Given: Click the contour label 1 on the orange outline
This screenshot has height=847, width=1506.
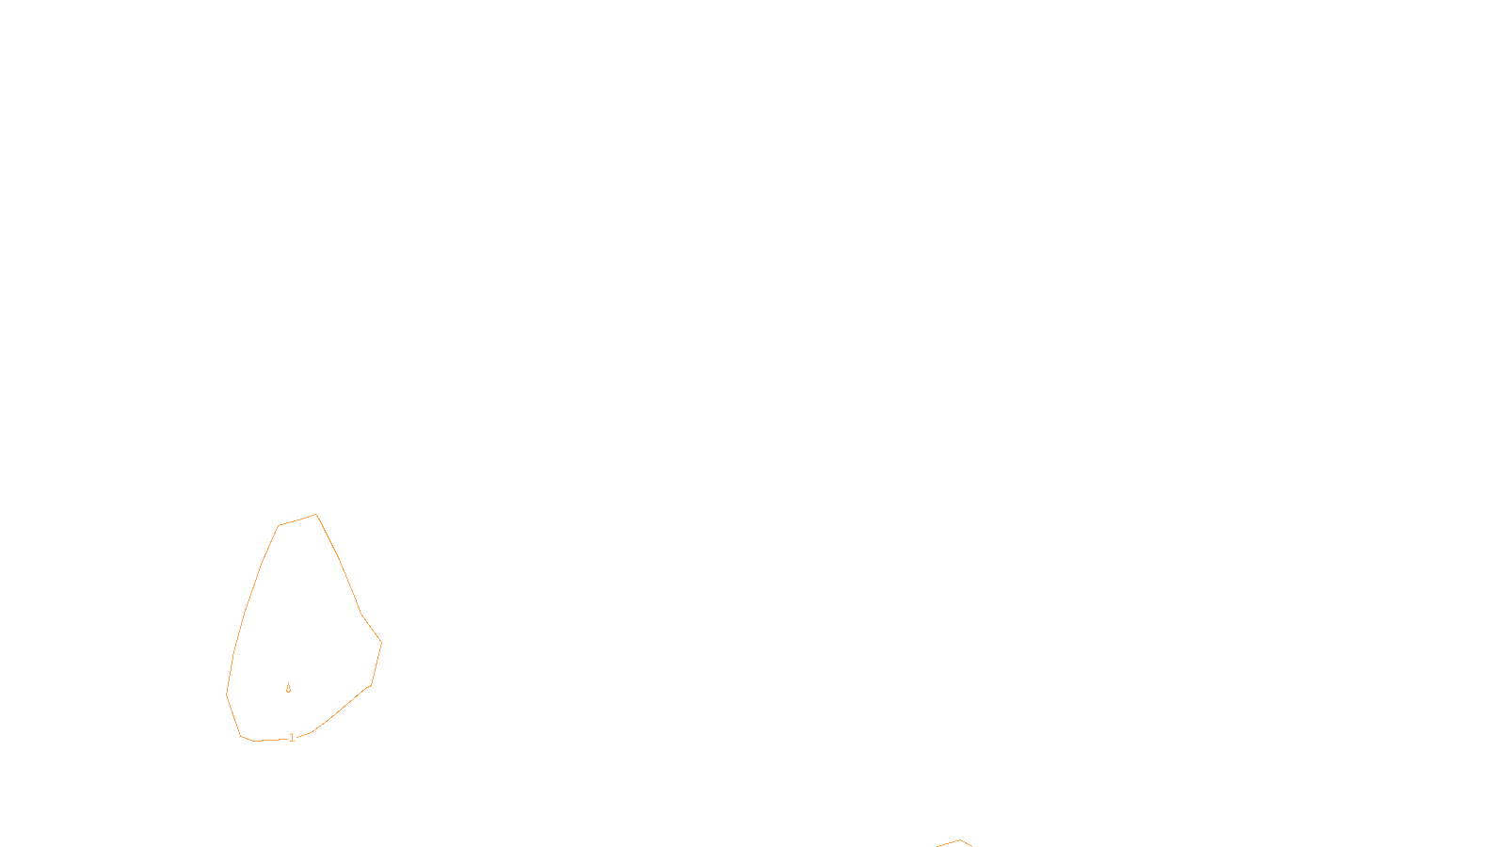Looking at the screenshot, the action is [x=292, y=738].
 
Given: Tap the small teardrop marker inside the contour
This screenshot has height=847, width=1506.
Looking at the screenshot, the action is [x=288, y=689].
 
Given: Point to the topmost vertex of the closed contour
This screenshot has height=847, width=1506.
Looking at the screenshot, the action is [x=316, y=514].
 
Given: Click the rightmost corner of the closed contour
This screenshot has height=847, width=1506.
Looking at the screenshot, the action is [x=381, y=642].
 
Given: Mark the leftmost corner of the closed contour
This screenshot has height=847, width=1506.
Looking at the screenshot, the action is [x=227, y=695].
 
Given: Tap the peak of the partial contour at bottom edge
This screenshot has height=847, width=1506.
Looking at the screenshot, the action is [x=960, y=840].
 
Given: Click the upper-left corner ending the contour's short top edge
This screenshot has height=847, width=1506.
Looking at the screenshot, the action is [x=279, y=525].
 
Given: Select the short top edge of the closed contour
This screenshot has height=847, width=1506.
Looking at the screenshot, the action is [x=297, y=519].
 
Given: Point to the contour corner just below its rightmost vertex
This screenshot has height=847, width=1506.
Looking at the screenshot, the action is [x=371, y=685].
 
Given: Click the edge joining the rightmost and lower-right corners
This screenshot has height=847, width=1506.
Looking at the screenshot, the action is [x=376, y=663].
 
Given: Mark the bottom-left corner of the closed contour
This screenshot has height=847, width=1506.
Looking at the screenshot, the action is [x=242, y=736].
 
